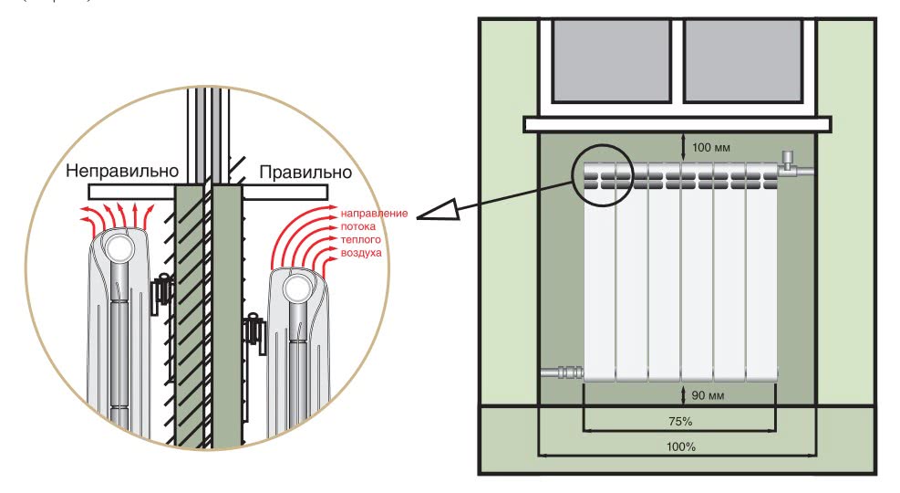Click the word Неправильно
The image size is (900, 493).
120,172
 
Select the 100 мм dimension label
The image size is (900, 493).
711,147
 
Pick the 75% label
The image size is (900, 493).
679,422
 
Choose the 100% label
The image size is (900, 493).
679,447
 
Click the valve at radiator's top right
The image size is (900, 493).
791,166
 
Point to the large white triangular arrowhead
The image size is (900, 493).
436,215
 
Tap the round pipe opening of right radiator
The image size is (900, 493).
296,288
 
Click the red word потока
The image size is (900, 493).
357,226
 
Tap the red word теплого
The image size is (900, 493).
359,238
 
